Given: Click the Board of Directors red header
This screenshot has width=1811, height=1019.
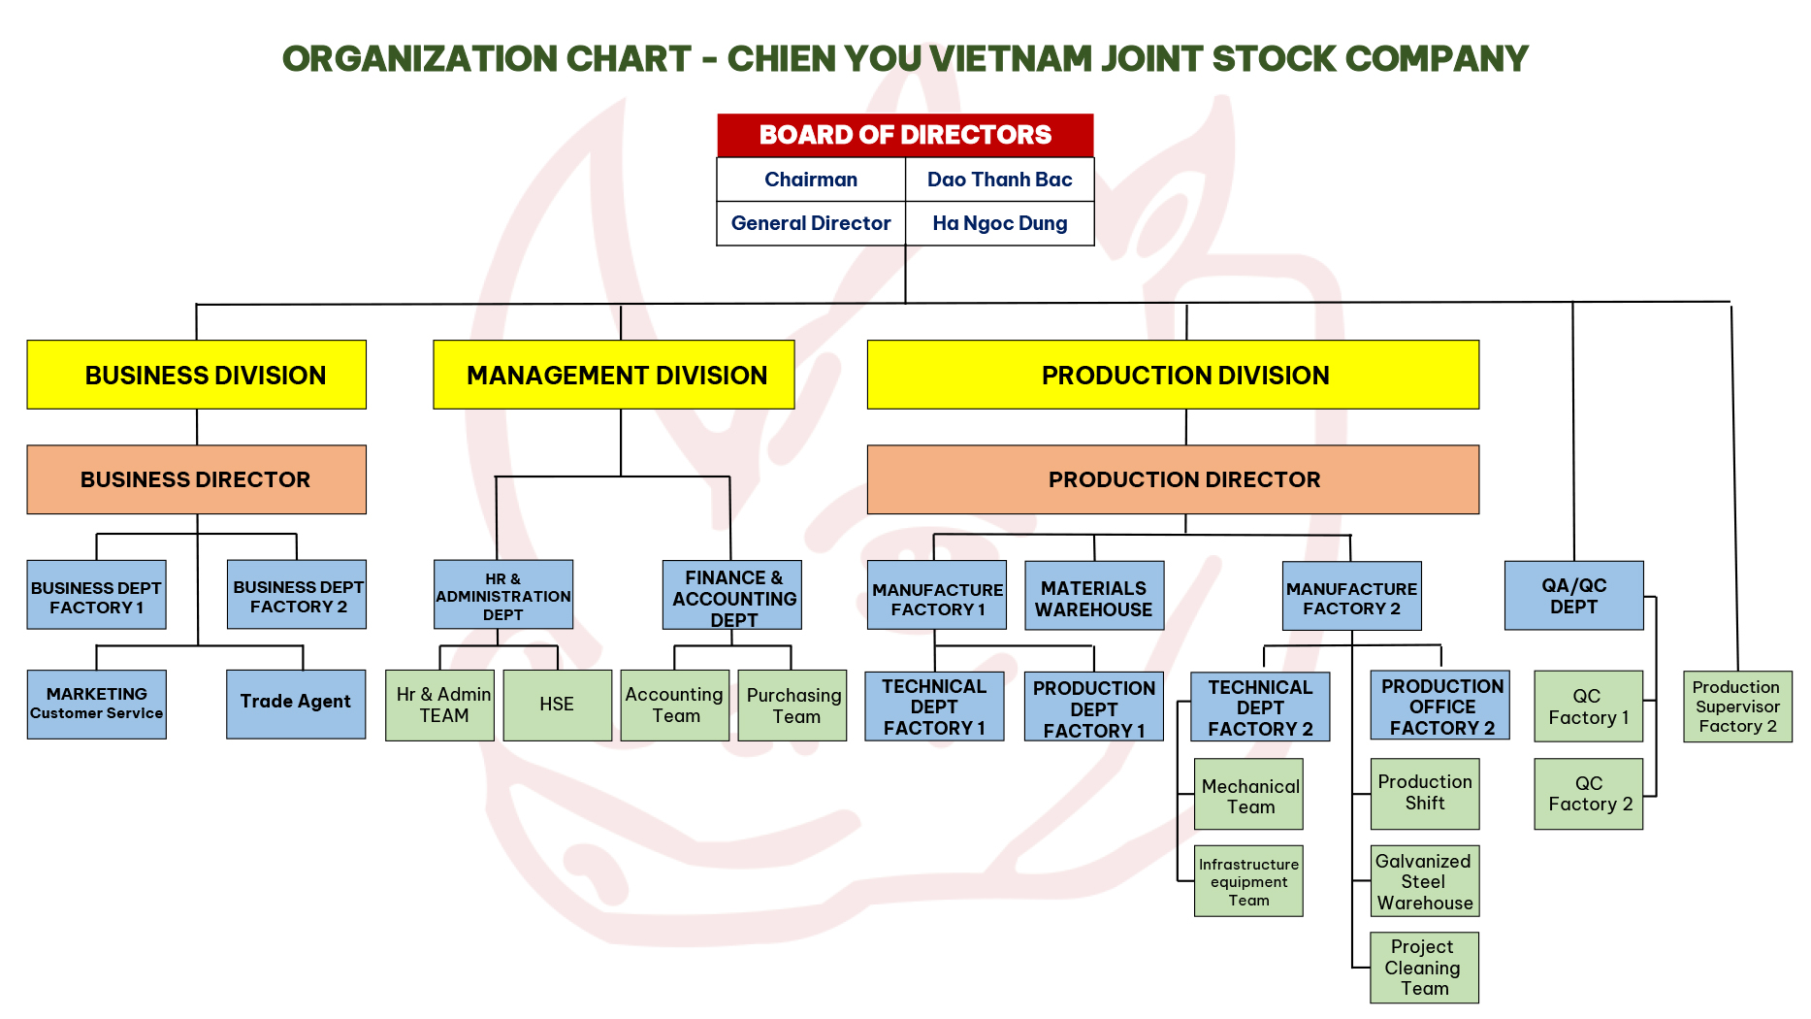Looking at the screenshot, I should click(905, 135).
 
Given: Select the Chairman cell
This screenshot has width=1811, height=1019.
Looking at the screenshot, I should click(811, 180).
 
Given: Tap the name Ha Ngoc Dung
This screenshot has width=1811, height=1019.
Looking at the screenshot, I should click(1000, 223).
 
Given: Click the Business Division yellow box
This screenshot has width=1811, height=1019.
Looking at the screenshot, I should click(197, 375).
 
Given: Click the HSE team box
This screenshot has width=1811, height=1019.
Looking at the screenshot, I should click(557, 706).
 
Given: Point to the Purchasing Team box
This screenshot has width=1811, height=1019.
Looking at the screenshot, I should click(793, 706).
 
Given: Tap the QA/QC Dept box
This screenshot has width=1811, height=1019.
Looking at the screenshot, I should click(1573, 595).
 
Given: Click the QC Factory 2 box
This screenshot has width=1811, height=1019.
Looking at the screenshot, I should click(1589, 794).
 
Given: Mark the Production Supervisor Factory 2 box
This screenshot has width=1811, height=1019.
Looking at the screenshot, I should click(1737, 707).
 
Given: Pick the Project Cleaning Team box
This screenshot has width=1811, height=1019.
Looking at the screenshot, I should click(1424, 968).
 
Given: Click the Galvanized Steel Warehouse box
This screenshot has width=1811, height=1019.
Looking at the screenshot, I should click(1424, 881).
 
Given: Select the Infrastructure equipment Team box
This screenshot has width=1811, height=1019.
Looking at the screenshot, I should click(1248, 881).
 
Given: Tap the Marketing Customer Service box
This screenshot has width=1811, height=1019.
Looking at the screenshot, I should click(97, 704).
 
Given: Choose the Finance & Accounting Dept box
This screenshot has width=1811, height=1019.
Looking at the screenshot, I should click(732, 595).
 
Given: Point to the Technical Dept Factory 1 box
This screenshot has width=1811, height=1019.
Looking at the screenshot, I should click(934, 707).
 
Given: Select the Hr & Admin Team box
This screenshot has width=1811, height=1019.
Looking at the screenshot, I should click(440, 706).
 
